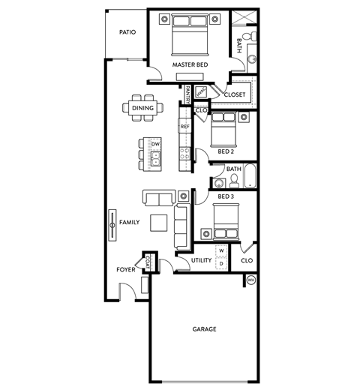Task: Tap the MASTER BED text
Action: [190, 65]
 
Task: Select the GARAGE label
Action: [204, 329]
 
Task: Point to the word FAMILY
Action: [130, 223]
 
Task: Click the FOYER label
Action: [124, 269]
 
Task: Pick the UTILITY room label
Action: [201, 260]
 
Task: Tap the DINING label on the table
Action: [142, 108]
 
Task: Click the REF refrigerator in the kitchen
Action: [184, 127]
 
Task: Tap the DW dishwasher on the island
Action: [155, 143]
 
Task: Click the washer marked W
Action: [222, 250]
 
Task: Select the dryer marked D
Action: [222, 264]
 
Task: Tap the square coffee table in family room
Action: [159, 223]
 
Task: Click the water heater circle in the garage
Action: [251, 280]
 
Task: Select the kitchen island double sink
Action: [155, 158]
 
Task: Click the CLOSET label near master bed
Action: [235, 95]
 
